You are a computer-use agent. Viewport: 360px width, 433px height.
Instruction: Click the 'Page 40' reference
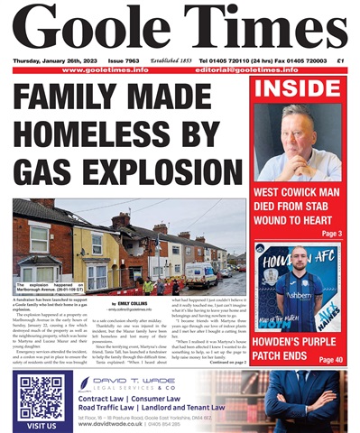(329, 360)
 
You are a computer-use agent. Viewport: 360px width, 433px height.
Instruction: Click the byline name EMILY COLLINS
(130, 303)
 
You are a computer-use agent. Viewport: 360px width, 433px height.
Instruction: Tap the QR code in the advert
(41, 397)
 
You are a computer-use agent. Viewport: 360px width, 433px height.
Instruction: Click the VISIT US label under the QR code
(41, 424)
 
